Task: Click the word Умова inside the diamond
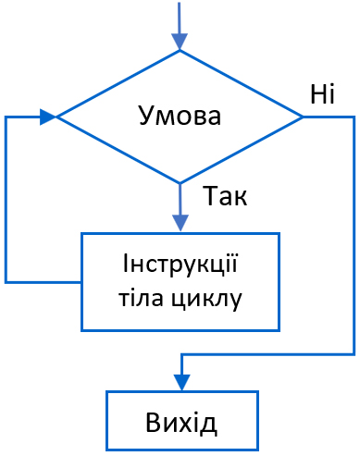point(180,117)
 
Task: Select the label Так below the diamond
point(226,196)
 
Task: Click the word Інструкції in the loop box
point(180,266)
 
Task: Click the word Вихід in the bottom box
point(181,424)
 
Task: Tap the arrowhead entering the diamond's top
point(180,42)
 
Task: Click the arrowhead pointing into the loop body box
point(180,222)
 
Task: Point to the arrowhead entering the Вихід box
point(181,381)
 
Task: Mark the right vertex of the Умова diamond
point(303,117)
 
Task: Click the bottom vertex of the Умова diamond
point(180,182)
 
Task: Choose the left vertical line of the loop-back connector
point(6,199)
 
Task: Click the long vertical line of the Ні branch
point(354,236)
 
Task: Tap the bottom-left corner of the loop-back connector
point(6,280)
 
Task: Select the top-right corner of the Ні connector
point(354,117)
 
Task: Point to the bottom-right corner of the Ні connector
point(354,353)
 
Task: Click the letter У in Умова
point(145,117)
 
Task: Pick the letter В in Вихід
point(154,424)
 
